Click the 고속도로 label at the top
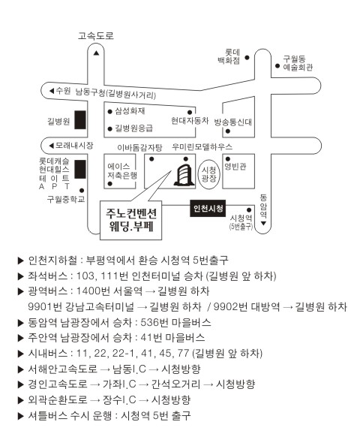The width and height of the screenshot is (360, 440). (96, 35)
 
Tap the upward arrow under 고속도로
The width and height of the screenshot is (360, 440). (96, 53)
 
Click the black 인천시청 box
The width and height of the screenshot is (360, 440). (208, 208)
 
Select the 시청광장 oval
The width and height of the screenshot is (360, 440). (209, 174)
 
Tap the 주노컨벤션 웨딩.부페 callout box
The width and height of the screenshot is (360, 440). (131, 220)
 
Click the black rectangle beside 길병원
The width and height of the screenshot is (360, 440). (80, 120)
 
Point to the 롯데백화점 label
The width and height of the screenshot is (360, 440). (229, 56)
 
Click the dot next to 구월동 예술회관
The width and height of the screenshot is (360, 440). (277, 66)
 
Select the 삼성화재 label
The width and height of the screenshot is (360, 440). (130, 111)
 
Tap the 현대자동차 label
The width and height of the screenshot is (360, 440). (190, 121)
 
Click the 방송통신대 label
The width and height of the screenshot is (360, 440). (233, 122)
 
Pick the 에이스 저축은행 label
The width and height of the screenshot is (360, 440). (122, 171)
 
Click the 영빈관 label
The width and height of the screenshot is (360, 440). (235, 167)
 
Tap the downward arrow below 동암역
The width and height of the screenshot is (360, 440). (263, 223)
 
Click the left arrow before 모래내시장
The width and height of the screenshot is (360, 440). (51, 146)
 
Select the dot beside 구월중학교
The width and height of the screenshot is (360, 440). (82, 191)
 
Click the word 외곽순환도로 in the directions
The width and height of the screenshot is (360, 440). (58, 399)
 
